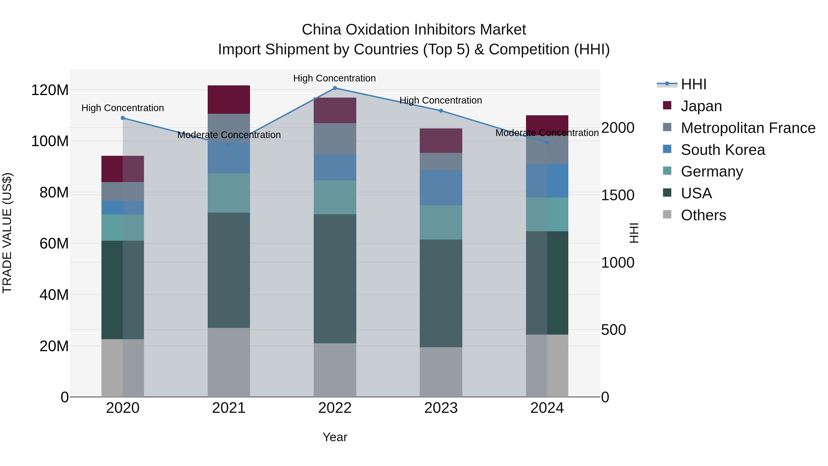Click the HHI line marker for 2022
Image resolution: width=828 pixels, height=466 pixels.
[x=335, y=88]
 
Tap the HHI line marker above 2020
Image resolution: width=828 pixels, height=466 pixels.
[x=123, y=118]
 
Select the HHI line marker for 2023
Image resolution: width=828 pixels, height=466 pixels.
[x=441, y=111]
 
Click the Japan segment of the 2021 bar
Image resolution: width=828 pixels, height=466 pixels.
[x=229, y=99]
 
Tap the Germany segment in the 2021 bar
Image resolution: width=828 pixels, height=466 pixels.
[x=229, y=193]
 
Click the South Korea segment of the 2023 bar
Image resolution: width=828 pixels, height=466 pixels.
[x=441, y=188]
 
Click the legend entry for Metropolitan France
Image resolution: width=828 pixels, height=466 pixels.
[x=748, y=128]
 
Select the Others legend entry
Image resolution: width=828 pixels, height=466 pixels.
[x=703, y=215]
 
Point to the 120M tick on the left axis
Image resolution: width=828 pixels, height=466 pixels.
[x=50, y=90]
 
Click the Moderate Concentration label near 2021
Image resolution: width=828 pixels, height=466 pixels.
[x=229, y=135]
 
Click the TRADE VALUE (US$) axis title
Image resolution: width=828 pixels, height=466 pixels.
[x=7, y=233]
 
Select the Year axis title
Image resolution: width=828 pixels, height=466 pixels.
[x=335, y=437]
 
